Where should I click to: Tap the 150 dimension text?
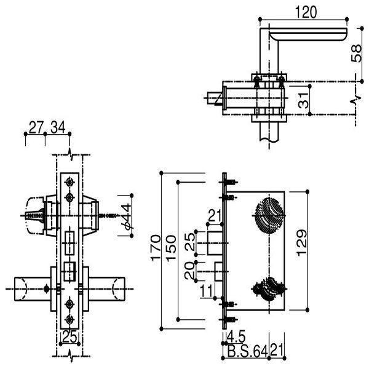(170, 247)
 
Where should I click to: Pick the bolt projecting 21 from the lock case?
(215, 242)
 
